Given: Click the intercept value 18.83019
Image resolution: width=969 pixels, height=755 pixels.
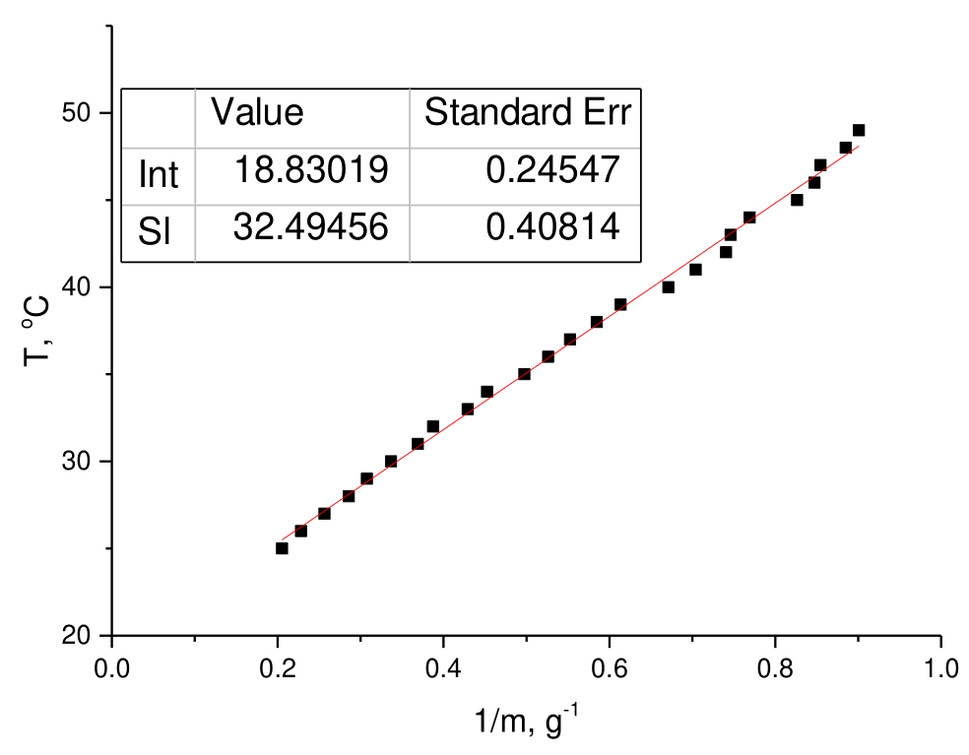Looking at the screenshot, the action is [x=311, y=169].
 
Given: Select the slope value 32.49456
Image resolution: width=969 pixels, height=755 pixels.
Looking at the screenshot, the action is [x=311, y=226].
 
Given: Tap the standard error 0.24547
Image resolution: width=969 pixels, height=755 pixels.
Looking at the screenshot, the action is [x=552, y=169].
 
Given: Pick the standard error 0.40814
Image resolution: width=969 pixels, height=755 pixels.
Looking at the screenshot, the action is [x=552, y=226].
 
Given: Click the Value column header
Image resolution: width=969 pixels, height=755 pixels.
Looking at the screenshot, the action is [x=257, y=112].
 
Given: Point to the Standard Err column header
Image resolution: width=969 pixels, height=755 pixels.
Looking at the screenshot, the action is [x=528, y=112].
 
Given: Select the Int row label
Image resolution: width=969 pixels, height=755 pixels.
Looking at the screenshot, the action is [x=159, y=174].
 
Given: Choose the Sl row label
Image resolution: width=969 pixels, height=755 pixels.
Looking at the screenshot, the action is [x=154, y=231].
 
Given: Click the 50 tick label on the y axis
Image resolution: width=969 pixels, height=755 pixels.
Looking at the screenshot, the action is [x=77, y=113].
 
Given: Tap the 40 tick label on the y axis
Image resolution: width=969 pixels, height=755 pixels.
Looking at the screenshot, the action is [x=77, y=287].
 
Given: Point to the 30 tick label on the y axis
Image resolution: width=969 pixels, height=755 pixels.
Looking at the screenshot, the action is [x=77, y=462].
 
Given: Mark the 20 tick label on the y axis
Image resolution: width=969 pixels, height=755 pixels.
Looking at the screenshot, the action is [x=77, y=636].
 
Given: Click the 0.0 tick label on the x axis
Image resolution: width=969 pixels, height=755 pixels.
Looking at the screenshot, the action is [x=112, y=668].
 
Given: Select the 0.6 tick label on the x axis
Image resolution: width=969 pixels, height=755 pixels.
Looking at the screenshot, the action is [x=610, y=668].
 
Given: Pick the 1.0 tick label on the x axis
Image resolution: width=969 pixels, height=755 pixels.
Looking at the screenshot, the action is [x=941, y=668].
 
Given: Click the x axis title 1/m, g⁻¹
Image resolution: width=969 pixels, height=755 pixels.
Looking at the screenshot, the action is [x=527, y=721].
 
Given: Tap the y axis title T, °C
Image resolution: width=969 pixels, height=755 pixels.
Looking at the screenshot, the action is [x=36, y=331].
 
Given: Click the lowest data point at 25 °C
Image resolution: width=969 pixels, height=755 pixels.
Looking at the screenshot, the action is [x=282, y=548].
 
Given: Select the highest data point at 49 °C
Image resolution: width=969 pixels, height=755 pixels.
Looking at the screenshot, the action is [x=859, y=130].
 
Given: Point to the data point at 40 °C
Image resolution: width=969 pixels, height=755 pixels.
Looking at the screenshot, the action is [x=668, y=287].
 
